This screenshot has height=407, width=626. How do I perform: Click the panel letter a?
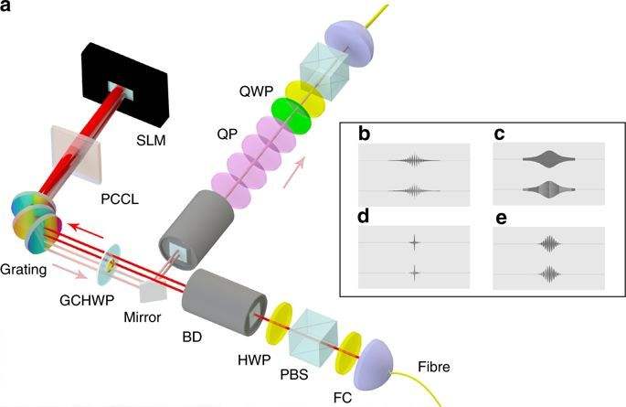tap(7, 8)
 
